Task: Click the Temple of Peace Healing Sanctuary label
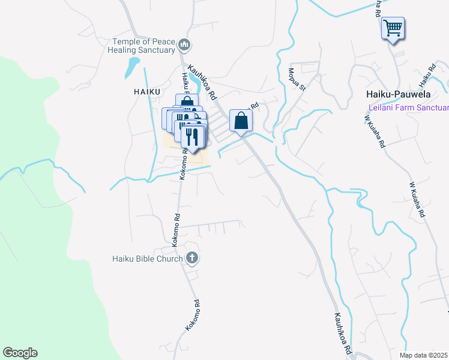pos(143,46)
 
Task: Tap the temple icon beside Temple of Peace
pos(184,44)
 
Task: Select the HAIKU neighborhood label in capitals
pos(147,92)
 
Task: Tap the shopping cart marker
pos(393,28)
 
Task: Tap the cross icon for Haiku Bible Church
pos(192,259)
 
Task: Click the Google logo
pos(20,353)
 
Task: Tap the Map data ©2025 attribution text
pos(424,355)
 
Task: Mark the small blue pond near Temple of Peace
pos(131,68)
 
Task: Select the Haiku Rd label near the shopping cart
pos(426,75)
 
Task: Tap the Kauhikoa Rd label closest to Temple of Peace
pos(202,83)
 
